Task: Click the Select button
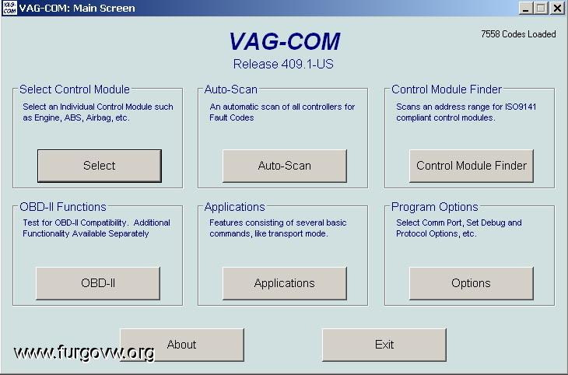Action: click(x=100, y=166)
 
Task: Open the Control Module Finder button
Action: click(x=472, y=166)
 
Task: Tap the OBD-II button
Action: click(x=98, y=283)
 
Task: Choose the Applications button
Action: click(x=284, y=283)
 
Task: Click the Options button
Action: click(x=472, y=283)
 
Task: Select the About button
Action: click(x=182, y=345)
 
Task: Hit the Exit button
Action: click(x=384, y=345)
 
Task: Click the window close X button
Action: click(x=558, y=8)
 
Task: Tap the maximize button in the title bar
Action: click(x=541, y=8)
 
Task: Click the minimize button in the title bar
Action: click(x=526, y=8)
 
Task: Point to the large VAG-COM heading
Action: click(x=285, y=41)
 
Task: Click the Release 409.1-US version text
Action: click(x=283, y=64)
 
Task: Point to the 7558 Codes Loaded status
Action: click(x=518, y=34)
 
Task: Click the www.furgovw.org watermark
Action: click(x=84, y=352)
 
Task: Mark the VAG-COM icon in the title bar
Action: click(x=9, y=8)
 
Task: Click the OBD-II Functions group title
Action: click(x=63, y=207)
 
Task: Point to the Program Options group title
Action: click(x=435, y=207)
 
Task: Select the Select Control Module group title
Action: click(x=75, y=89)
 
